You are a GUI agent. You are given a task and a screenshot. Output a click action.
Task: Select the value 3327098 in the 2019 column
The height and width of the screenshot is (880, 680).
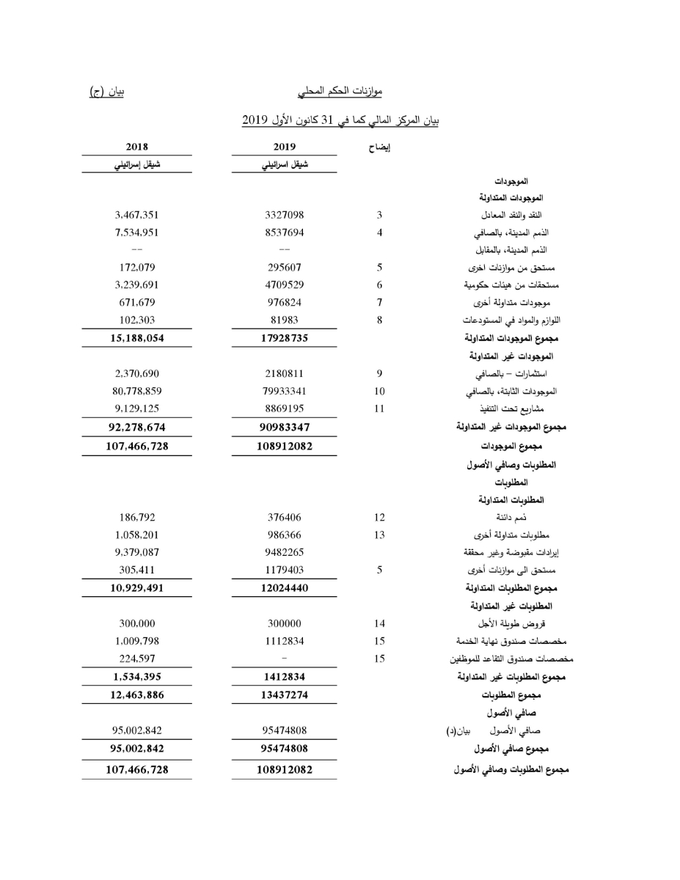tap(284, 215)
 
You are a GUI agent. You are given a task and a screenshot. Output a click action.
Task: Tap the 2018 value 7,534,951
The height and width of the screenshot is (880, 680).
tap(137, 232)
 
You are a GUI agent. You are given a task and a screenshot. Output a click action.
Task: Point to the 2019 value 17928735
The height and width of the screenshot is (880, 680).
tap(284, 338)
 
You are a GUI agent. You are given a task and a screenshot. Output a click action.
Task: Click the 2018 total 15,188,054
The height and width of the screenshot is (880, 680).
tap(137, 338)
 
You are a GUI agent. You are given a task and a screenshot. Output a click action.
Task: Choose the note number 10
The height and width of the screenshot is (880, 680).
tap(379, 391)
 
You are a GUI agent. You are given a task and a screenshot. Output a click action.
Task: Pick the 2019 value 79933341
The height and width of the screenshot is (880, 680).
tap(284, 391)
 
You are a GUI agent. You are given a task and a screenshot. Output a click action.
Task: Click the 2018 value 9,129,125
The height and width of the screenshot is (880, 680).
tap(137, 408)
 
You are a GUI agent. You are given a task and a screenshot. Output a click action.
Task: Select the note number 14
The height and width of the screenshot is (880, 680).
tap(379, 623)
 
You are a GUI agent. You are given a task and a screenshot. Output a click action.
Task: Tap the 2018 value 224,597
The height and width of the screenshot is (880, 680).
tap(137, 659)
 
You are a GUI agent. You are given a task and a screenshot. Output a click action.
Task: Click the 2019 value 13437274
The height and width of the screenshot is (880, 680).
tap(284, 694)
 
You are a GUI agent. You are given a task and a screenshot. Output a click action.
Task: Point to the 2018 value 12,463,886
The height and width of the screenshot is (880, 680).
tap(137, 694)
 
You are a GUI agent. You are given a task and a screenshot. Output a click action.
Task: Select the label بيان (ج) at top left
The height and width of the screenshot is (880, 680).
tap(106, 92)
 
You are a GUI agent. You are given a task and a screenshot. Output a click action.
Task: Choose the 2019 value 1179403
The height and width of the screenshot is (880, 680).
tap(284, 570)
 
